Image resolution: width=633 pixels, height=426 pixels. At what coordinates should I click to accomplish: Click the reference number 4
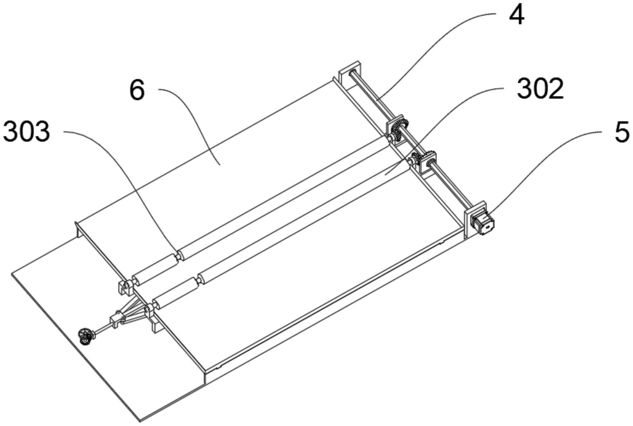516,16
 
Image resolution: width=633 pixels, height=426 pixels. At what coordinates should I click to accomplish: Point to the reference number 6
137,91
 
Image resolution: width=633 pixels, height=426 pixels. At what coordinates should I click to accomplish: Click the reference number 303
27,132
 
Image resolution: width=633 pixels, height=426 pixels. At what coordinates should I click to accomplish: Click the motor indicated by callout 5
483,223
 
